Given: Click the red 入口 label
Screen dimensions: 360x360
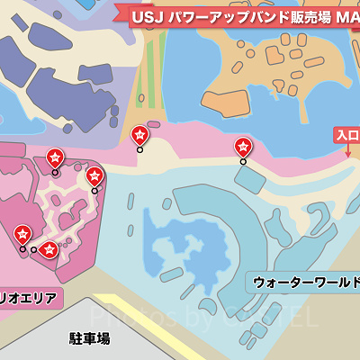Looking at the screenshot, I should coord(347,135).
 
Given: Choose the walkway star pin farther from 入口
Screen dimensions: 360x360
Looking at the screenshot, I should coord(140,136).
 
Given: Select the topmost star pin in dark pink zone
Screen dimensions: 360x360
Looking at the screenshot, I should coord(55,158).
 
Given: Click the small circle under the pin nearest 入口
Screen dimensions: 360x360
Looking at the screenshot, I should coord(243,162).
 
